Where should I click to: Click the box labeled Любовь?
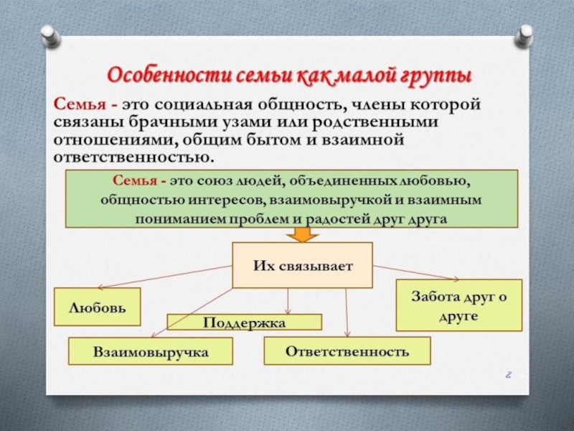98,307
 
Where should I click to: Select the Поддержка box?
245,323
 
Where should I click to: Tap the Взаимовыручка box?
151,352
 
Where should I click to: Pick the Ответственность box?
347,351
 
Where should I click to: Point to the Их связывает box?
303,265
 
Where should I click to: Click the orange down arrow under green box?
302,236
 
